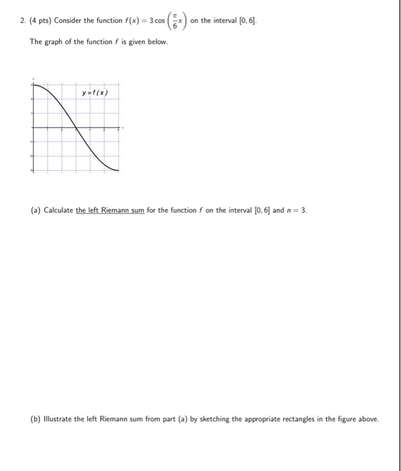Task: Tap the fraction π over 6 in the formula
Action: pos(172,22)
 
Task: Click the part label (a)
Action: pos(36,210)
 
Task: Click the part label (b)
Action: pos(36,419)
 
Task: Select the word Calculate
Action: pos(58,210)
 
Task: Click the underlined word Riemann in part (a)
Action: pos(115,210)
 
